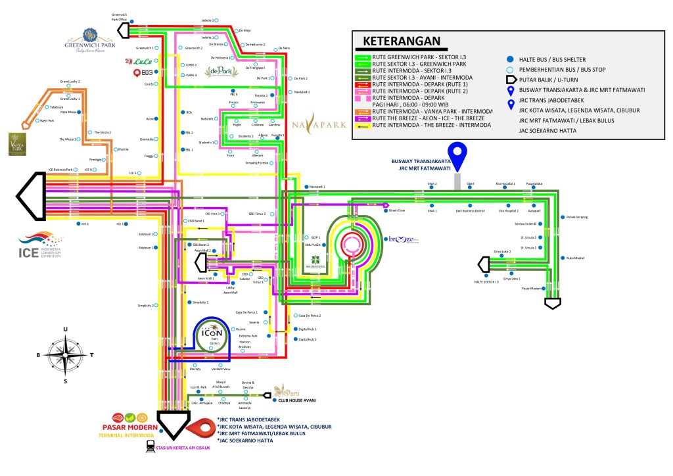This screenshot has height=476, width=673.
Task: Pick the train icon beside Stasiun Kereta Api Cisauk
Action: [151, 445]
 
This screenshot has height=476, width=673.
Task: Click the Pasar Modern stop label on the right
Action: [532, 288]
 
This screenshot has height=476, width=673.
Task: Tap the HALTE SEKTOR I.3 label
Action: [487, 281]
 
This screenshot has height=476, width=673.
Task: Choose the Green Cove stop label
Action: [398, 211]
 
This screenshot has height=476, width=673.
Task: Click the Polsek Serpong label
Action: [576, 216]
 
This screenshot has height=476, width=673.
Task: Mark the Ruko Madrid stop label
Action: [574, 258]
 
